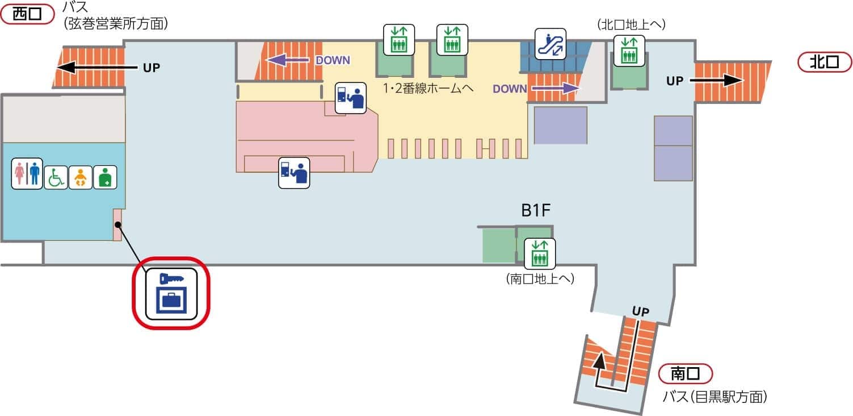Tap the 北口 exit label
(x=825, y=62)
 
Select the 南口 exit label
(x=685, y=373)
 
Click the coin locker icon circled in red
(x=171, y=293)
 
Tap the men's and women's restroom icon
(x=27, y=173)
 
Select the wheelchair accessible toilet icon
(x=56, y=177)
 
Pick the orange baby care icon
(x=80, y=177)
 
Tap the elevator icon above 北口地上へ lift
(x=629, y=49)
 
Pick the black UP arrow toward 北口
(x=717, y=81)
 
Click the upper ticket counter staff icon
(x=350, y=98)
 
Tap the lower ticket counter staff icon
(x=293, y=173)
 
